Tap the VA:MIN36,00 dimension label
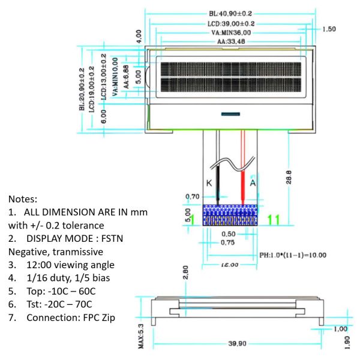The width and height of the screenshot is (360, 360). pyautogui.click(x=230, y=32)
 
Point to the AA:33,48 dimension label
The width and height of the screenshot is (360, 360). pyautogui.click(x=232, y=42)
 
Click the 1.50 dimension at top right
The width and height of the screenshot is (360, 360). pyautogui.click(x=329, y=29)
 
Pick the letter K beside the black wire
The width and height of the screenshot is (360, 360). pyautogui.click(x=209, y=184)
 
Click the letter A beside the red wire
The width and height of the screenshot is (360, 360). pyautogui.click(x=253, y=184)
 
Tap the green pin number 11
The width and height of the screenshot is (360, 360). pyautogui.click(x=273, y=220)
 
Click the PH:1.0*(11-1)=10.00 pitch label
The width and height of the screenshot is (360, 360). pyautogui.click(x=292, y=255)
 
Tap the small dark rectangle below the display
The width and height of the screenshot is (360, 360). pyautogui.click(x=230, y=113)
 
